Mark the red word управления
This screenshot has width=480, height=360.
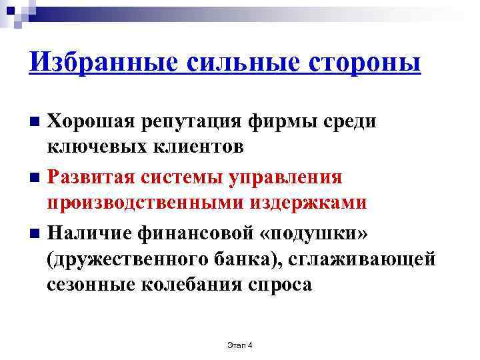pyautogui.click(x=285, y=178)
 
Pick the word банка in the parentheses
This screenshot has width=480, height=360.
pyautogui.click(x=240, y=258)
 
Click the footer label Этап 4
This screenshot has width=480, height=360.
pyautogui.click(x=240, y=345)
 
